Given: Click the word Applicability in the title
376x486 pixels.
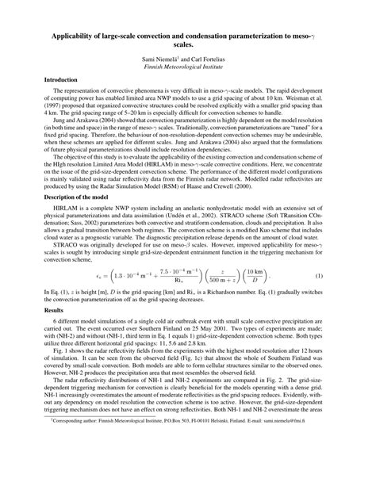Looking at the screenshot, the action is click(x=78, y=36).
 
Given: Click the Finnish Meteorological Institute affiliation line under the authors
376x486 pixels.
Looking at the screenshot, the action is click(x=187, y=68).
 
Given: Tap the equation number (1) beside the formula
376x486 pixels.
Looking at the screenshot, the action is click(x=328, y=275).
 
